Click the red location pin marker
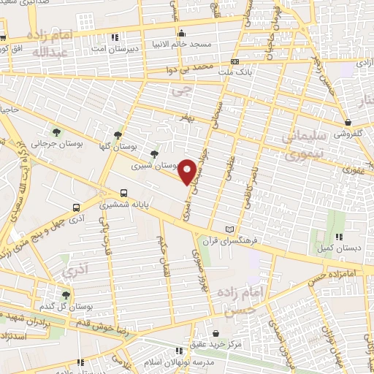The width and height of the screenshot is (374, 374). tap(187, 171)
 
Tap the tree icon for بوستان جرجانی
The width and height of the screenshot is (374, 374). tap(57, 131)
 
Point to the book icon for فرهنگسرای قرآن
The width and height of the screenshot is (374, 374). tap(232, 230)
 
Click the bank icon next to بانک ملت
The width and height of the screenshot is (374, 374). tap(234, 63)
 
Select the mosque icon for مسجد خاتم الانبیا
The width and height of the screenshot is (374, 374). tap(182, 33)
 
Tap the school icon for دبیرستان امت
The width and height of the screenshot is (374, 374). tap(114, 37)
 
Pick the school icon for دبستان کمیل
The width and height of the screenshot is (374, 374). tap(337, 237)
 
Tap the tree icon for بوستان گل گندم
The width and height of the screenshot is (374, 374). tap(66, 294)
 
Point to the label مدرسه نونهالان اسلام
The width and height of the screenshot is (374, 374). tap(167, 364)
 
